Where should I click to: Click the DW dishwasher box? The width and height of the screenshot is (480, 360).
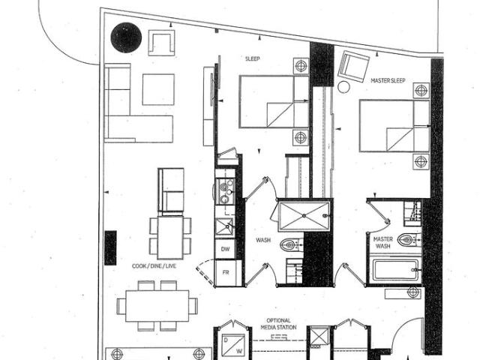pyautogui.click(x=224, y=247)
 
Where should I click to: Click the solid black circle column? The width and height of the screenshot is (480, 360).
pyautogui.click(x=126, y=37)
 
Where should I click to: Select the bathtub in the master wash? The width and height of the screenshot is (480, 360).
pyautogui.click(x=394, y=270)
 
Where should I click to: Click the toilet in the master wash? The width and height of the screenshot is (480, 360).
pyautogui.click(x=406, y=241)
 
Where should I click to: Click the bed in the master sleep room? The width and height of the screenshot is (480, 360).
pyautogui.click(x=394, y=125)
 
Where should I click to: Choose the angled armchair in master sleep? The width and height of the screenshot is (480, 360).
pyautogui.click(x=352, y=67)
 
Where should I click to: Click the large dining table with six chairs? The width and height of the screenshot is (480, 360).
pyautogui.click(x=157, y=305)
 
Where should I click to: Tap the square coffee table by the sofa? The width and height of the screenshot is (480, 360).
pyautogui.click(x=157, y=89)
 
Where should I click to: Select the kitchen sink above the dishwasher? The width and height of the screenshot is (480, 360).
pyautogui.click(x=223, y=226)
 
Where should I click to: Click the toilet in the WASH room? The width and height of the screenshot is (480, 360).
pyautogui.click(x=290, y=244)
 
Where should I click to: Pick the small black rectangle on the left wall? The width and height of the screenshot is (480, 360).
pyautogui.click(x=110, y=247)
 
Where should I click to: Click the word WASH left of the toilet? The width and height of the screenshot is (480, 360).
pyautogui.click(x=263, y=241)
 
